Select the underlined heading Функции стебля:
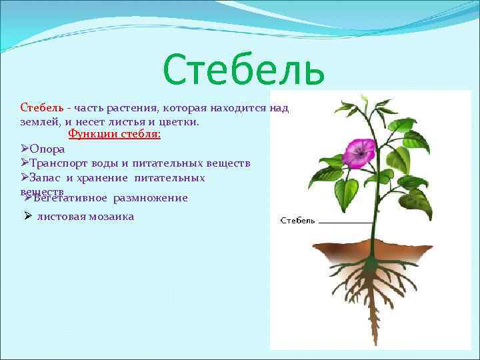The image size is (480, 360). click(115, 134)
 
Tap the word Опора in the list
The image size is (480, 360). click(47, 149)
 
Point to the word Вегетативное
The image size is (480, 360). click(70, 198)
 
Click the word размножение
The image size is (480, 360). click(151, 198)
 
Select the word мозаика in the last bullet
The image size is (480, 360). click(110, 217)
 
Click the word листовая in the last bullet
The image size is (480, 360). click(59, 217)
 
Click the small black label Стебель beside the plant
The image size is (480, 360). click(297, 221)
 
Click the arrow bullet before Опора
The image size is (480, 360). click(25, 149)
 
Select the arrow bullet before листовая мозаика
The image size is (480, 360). click(27, 216)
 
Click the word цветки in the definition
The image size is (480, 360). click(181, 122)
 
